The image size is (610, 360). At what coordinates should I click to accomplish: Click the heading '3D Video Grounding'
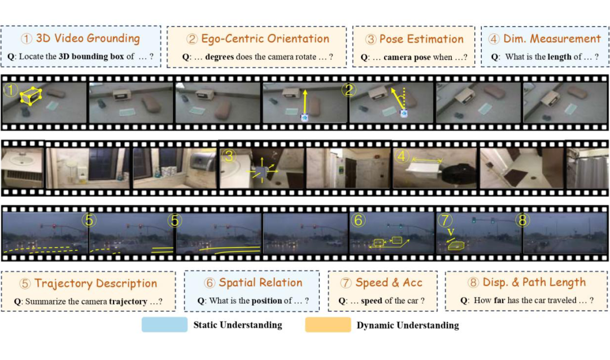(x=88, y=38)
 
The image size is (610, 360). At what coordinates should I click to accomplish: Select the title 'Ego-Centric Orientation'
(x=265, y=38)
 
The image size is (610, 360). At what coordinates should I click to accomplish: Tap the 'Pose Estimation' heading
(x=421, y=39)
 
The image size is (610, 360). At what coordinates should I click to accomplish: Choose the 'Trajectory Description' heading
(x=95, y=283)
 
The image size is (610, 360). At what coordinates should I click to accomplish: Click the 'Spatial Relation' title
(x=260, y=283)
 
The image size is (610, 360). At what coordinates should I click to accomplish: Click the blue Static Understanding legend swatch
(x=164, y=324)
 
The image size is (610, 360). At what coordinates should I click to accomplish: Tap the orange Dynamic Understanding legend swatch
(x=327, y=324)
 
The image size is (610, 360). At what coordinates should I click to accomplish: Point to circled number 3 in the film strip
(x=228, y=157)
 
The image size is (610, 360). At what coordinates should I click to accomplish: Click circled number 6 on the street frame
(x=358, y=220)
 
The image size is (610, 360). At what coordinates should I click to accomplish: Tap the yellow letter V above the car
(x=450, y=232)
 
